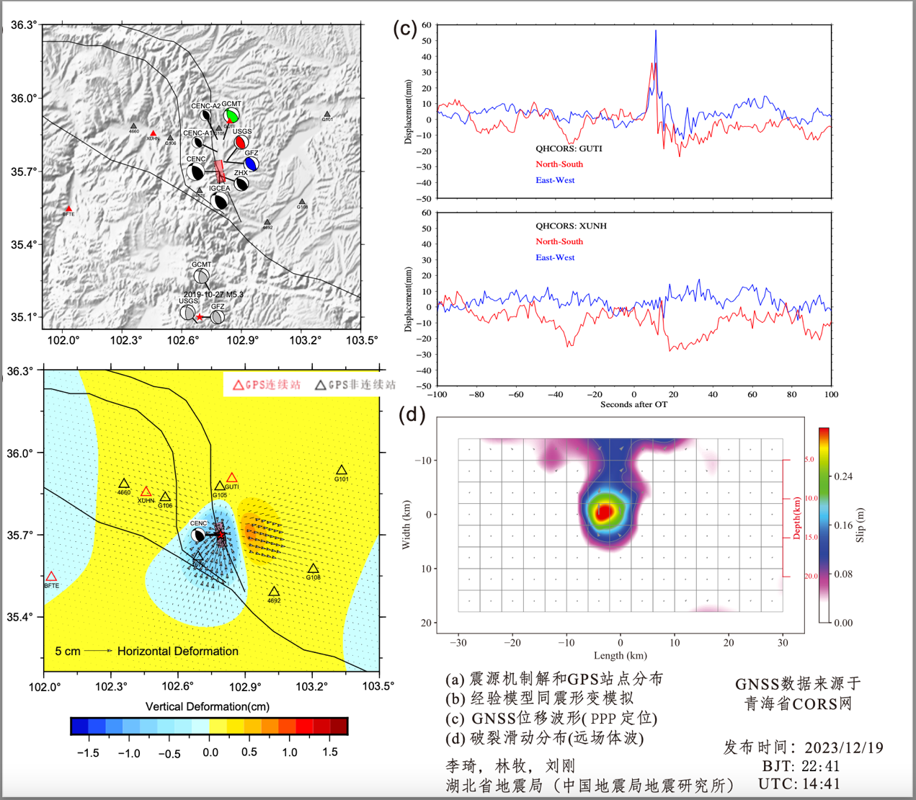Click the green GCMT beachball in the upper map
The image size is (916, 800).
coord(231,115)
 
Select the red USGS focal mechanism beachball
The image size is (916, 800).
coord(241,142)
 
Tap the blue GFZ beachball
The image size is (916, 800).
coord(251,164)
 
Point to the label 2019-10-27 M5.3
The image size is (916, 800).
coord(213,294)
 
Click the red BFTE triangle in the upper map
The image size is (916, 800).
coord(69,208)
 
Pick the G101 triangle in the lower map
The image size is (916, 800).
coord(342,471)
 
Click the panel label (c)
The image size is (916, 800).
coord(404,28)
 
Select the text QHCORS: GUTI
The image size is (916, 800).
coord(568,148)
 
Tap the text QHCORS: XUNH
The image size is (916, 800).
coord(570,226)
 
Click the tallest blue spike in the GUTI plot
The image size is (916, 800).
coord(656,32)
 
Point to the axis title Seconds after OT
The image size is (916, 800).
coord(634,404)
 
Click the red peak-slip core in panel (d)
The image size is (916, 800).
coord(604,511)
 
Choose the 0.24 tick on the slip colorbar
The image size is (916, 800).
coord(843,476)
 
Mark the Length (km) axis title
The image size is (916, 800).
coord(620,655)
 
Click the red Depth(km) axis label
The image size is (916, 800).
coord(797,517)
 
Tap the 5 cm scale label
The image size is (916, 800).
coord(68,652)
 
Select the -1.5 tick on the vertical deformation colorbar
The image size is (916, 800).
coord(87,752)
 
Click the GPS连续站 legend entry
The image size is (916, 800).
coord(267,385)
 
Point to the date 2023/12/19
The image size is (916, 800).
coord(844,747)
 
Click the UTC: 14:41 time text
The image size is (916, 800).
coord(799,783)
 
